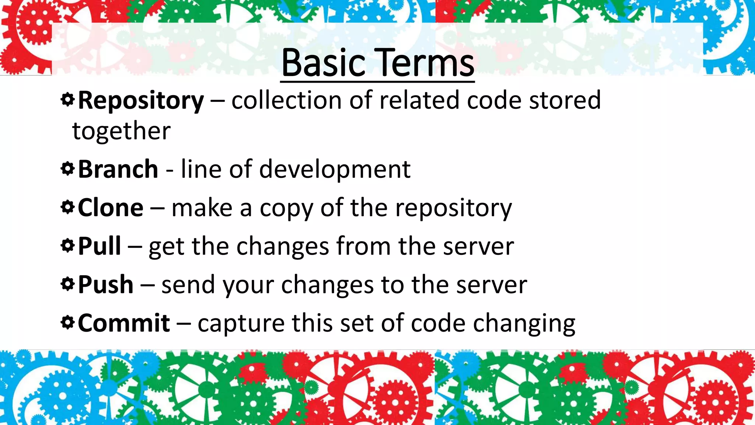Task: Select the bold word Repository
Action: click(141, 100)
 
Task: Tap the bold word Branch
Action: click(118, 169)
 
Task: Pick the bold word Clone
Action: click(111, 208)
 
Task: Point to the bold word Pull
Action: click(100, 246)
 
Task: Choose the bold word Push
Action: click(106, 284)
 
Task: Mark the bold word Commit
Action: click(124, 323)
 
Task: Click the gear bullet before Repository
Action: click(67, 99)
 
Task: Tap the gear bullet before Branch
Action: click(67, 169)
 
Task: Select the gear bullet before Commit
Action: click(67, 322)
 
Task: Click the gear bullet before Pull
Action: click(67, 245)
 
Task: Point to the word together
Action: click(121, 131)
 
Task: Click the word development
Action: click(335, 170)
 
